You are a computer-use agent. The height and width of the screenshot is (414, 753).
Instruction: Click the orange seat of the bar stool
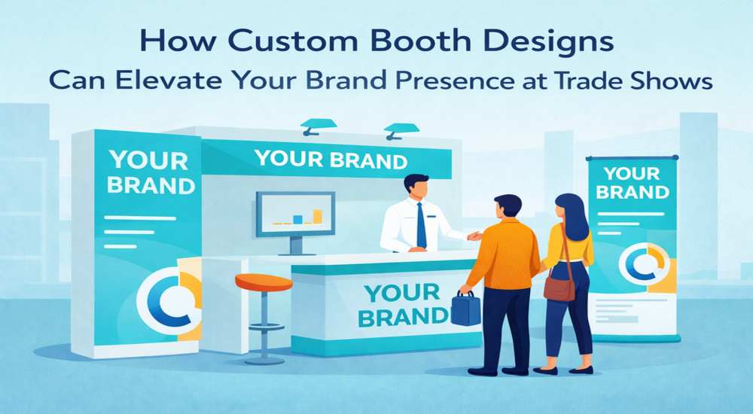(x=264, y=282)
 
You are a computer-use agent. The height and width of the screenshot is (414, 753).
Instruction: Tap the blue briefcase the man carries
(x=465, y=309)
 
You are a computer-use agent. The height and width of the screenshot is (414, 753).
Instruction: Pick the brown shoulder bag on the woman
(x=559, y=288)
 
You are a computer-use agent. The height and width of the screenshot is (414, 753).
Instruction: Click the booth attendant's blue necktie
(x=421, y=225)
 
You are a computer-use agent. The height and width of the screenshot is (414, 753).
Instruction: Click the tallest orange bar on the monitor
(x=318, y=217)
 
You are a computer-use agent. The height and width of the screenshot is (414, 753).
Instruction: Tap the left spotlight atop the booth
(x=318, y=126)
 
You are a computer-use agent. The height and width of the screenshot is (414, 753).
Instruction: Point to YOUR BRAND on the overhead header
(x=331, y=160)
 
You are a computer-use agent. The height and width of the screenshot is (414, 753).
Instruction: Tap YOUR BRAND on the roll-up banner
(x=632, y=183)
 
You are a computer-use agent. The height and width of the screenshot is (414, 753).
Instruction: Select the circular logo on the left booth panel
(x=168, y=300)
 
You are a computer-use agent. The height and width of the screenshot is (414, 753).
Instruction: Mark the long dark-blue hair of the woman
(x=575, y=215)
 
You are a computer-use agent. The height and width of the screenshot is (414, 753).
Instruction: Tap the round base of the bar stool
(x=264, y=361)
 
